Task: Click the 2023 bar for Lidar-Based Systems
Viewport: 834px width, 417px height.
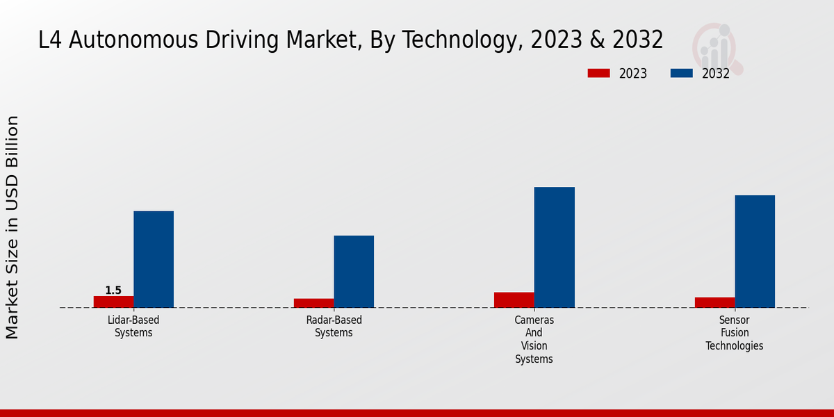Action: coord(113,302)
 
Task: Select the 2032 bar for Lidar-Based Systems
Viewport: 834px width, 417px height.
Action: coord(154,259)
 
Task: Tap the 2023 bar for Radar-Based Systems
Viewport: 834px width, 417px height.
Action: coord(313,303)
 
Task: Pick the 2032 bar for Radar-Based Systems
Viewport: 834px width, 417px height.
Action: coord(354,272)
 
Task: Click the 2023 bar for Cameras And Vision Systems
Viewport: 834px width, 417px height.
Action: coord(514,300)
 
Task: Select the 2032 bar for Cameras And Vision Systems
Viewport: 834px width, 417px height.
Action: coord(555,247)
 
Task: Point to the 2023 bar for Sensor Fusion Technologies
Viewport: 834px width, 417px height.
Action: coord(714,302)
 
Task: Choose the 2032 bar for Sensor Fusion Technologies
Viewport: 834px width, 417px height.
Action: coord(755,252)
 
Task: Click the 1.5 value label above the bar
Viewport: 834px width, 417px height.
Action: coord(113,291)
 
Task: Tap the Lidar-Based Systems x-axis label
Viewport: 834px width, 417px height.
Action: coord(133,327)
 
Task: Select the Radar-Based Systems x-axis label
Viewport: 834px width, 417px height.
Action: coord(334,327)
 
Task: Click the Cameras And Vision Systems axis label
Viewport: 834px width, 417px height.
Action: coord(534,340)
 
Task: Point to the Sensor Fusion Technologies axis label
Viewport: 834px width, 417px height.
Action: coord(735,333)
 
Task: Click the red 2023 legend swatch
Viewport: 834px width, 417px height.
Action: coord(598,73)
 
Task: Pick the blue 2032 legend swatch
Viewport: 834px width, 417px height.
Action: coord(682,73)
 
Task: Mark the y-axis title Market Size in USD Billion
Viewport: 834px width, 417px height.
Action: coord(13,227)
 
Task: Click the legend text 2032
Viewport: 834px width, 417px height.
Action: coord(716,74)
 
